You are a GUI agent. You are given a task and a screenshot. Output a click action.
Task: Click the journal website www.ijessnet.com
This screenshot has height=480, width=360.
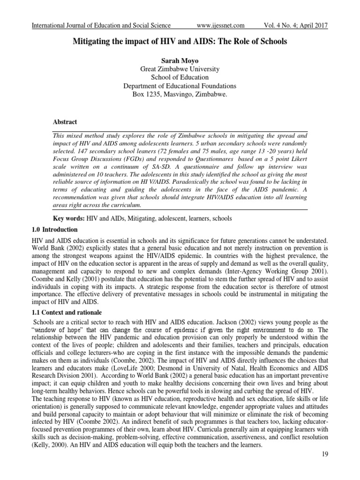coord(220,25)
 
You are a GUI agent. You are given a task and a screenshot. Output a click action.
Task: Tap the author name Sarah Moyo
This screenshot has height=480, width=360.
coord(180,60)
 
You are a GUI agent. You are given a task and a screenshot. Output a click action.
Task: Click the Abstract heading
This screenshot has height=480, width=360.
coord(65,122)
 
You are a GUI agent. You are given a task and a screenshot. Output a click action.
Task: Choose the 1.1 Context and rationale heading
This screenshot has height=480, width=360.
coord(65,312)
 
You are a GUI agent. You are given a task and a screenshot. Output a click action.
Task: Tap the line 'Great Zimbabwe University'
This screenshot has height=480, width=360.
coord(180,69)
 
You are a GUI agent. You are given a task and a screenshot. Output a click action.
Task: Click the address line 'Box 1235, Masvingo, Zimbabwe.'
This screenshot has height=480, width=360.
coord(180,95)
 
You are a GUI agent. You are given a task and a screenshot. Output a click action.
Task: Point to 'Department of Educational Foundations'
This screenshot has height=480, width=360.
coord(180,86)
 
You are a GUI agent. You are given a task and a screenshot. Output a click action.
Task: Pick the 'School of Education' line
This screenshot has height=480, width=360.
coord(180,77)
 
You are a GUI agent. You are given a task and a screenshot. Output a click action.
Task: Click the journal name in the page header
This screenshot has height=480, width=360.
coord(101,25)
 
